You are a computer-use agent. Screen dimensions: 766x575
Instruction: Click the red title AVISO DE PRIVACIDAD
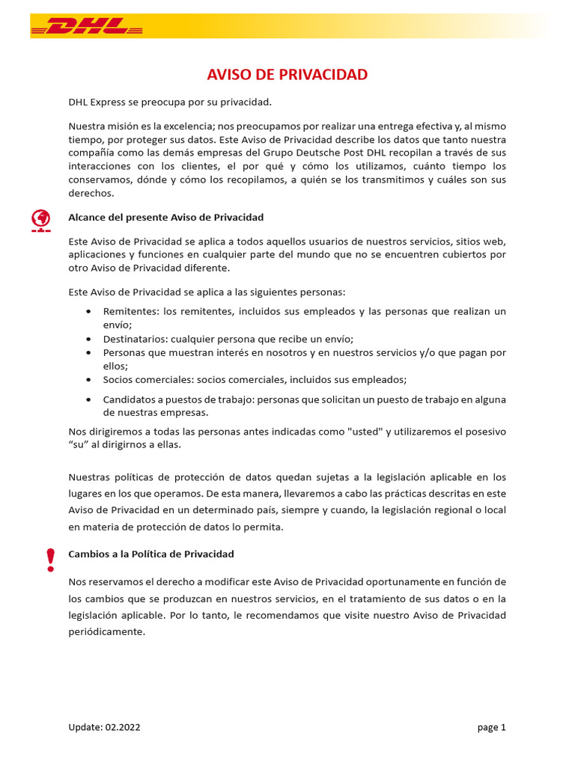(287, 75)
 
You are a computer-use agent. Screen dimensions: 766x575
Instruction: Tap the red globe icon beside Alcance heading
(40, 219)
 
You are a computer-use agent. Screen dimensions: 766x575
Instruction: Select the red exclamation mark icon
(50, 560)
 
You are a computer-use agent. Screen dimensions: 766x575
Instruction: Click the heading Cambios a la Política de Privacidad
(151, 554)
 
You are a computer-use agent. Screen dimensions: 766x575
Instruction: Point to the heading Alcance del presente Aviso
(165, 218)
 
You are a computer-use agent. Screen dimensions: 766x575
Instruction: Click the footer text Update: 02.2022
(104, 727)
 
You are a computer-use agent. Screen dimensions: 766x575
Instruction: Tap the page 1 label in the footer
(492, 727)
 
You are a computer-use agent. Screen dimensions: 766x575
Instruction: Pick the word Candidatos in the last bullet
(129, 400)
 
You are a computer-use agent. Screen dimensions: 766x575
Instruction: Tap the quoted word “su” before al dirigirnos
(77, 444)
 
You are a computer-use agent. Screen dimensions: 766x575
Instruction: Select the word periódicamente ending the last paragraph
(106, 631)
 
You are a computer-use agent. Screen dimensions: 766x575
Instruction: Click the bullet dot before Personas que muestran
(89, 352)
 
